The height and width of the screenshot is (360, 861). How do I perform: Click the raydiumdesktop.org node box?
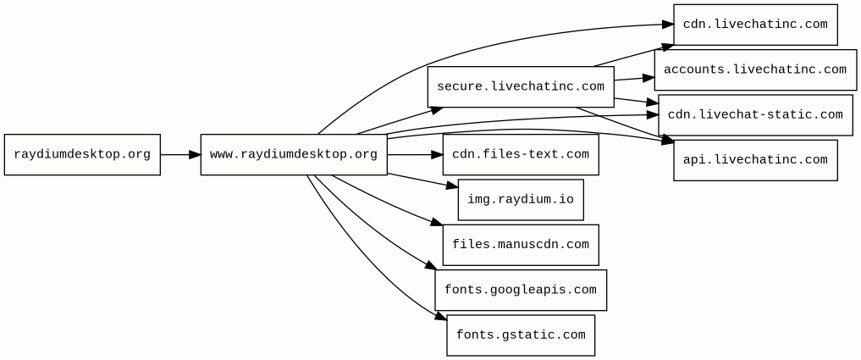click(82, 154)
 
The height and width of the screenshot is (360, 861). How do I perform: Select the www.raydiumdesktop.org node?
click(294, 154)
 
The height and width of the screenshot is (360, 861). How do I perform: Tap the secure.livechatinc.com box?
click(521, 87)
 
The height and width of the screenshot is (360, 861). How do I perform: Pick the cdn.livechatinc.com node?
click(755, 25)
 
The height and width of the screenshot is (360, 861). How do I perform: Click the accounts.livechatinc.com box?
click(755, 69)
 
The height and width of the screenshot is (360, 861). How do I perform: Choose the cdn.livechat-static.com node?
click(755, 115)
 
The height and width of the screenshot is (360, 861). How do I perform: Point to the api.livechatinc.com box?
click(755, 160)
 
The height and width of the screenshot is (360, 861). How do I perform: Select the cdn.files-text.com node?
click(521, 154)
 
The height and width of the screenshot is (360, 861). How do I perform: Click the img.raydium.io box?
click(521, 200)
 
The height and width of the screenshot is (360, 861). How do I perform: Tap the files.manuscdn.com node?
click(521, 245)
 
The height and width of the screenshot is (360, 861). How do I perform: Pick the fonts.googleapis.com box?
click(521, 290)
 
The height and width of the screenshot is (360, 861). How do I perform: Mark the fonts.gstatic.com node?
click(521, 335)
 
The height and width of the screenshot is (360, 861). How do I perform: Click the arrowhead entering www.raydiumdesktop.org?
click(195, 154)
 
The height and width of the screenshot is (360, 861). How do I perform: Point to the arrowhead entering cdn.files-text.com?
click(437, 154)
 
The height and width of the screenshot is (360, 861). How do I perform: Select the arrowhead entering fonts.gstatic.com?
click(441, 317)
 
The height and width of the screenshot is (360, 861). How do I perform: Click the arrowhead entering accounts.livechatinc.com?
click(649, 78)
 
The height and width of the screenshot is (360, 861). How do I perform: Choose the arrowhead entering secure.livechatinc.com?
click(437, 110)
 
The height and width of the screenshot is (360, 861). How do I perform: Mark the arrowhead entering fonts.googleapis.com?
click(429, 266)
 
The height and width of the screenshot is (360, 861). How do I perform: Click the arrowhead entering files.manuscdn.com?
click(437, 223)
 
